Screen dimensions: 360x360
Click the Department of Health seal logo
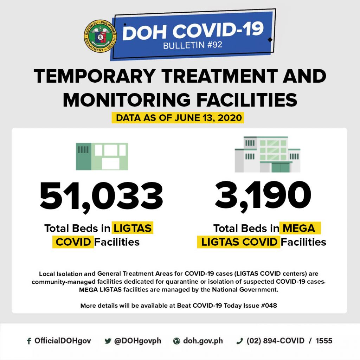pyautogui.click(x=98, y=36)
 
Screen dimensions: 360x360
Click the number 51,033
pyautogui.click(x=101, y=196)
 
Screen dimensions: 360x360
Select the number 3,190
pyautogui.click(x=263, y=195)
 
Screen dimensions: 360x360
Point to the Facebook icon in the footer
pyautogui.click(x=29, y=341)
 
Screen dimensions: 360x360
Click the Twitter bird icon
pyautogui.click(x=108, y=341)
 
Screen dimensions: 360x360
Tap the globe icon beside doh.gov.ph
pyautogui.click(x=176, y=341)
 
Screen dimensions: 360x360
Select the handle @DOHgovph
pyautogui.click(x=137, y=341)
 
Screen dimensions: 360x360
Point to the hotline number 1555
pyautogui.click(x=324, y=341)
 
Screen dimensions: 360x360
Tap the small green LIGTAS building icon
pyautogui.click(x=102, y=156)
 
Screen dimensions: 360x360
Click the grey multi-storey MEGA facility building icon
pyautogui.click(x=267, y=154)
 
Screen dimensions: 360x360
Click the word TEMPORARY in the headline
pyautogui.click(x=94, y=77)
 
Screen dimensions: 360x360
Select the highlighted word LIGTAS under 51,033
pyautogui.click(x=132, y=229)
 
